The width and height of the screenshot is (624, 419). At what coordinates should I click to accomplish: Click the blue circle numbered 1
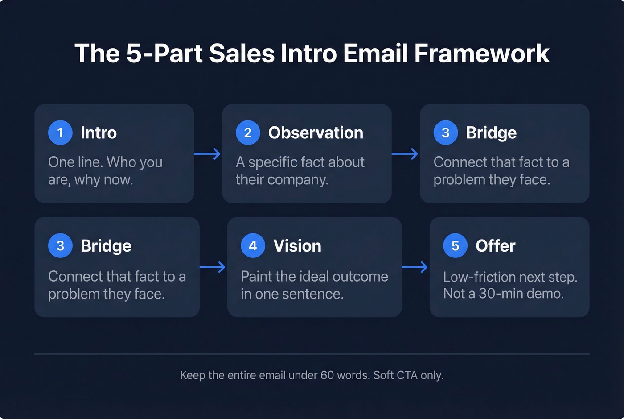coord(60,133)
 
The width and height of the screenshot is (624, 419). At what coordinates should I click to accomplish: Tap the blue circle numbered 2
coord(248,133)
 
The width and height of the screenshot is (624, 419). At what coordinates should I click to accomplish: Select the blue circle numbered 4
coord(253,246)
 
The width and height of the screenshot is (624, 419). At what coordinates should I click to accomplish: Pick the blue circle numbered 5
coord(455,246)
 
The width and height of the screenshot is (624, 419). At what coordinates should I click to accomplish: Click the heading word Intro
coord(99,133)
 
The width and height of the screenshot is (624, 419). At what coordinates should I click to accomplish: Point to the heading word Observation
coord(316,133)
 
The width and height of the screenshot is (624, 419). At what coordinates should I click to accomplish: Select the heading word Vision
coord(297,246)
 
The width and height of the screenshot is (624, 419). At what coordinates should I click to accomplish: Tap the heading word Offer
coord(495,246)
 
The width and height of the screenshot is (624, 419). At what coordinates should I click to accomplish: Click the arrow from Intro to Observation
coord(208,154)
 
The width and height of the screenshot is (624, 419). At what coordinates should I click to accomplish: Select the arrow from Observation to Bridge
coord(405,154)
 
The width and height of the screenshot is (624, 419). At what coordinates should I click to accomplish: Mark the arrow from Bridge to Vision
coord(213,267)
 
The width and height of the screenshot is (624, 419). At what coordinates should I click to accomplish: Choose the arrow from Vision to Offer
coord(415,267)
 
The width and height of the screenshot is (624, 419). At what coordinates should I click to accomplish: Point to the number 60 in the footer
coord(327,375)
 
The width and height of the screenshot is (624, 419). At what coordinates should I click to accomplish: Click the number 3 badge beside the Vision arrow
coord(60,246)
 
